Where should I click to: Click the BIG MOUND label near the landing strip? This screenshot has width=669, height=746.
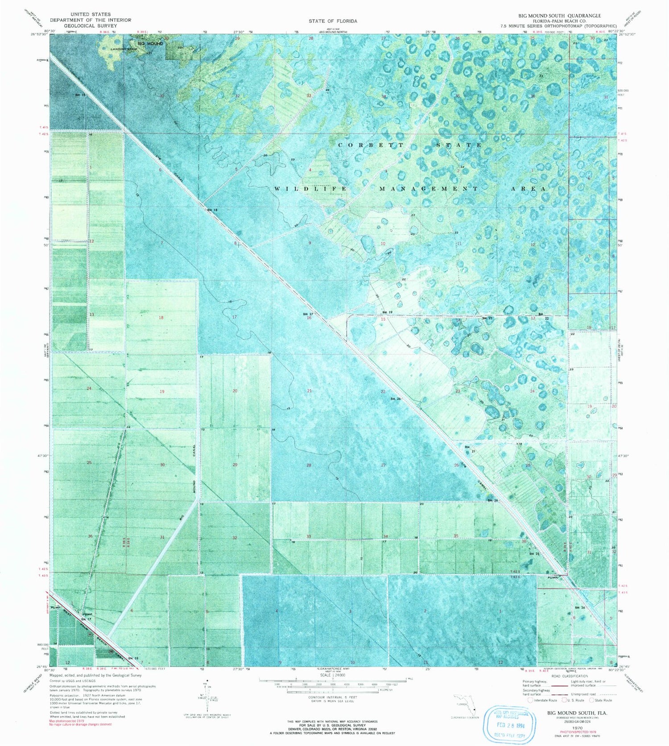(150, 44)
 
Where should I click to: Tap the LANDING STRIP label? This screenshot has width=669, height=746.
(119, 49)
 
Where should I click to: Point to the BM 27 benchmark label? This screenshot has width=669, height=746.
(308, 314)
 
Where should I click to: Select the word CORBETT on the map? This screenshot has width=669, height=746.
(371, 145)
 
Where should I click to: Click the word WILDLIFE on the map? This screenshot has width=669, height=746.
(310, 189)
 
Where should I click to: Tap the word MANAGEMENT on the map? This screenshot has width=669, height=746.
(429, 189)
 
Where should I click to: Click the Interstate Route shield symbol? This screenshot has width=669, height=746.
(530, 700)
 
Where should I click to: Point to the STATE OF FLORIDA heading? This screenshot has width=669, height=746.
(333, 21)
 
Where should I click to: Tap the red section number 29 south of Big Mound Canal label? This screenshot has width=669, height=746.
(235, 465)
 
